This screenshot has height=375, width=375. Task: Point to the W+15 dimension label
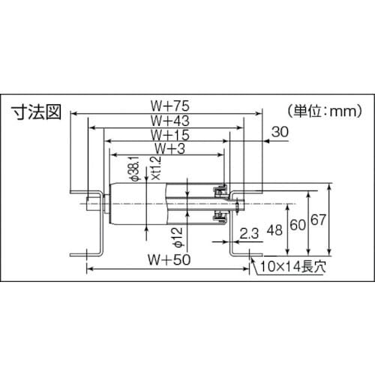click(x=168, y=134)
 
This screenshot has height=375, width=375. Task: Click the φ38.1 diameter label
click(x=135, y=172)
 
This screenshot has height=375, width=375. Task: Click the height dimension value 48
click(x=278, y=230)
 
